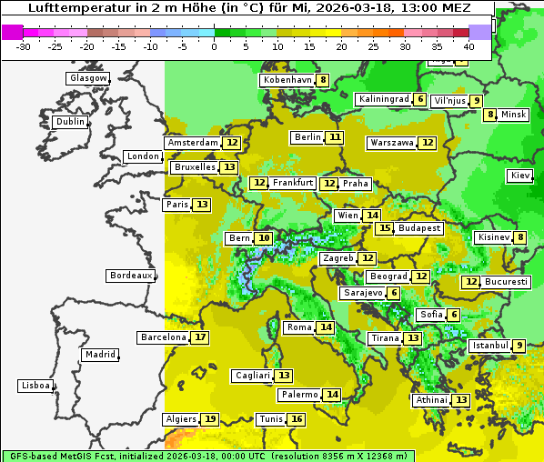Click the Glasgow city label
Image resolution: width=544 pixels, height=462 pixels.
click(88, 78)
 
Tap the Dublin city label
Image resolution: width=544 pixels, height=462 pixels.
click(70, 122)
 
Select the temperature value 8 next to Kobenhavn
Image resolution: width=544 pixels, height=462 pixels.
click(323, 80)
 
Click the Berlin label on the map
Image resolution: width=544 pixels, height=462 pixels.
click(307, 137)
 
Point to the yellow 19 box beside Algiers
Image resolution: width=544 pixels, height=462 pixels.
click(210, 419)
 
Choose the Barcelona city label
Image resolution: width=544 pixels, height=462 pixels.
click(163, 337)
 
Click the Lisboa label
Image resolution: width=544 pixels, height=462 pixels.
click(35, 386)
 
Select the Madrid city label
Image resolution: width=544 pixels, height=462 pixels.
click(99, 355)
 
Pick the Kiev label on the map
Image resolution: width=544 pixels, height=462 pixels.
click(520, 176)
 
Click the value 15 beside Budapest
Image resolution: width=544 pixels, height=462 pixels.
click(386, 228)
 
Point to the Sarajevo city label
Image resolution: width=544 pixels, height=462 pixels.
click(362, 293)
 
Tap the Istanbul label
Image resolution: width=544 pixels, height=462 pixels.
click(489, 346)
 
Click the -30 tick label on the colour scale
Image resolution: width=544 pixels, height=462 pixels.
click(24, 45)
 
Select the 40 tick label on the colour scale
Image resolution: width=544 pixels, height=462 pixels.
click(468, 45)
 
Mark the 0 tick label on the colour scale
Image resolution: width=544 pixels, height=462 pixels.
click(214, 45)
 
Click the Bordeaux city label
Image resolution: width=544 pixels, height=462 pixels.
click(130, 275)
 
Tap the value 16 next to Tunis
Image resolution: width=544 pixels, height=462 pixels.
click(297, 419)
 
